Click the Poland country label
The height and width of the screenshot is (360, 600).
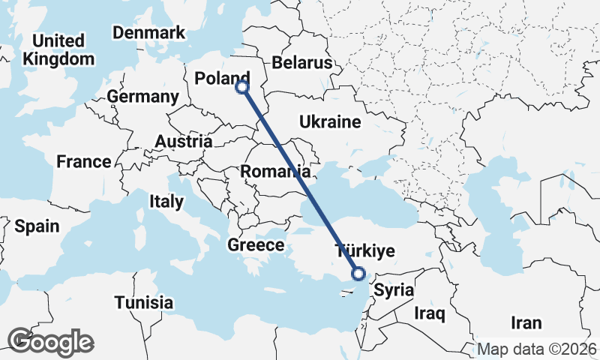pyautogui.click(x=221, y=79)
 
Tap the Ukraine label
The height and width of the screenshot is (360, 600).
pyautogui.click(x=330, y=122)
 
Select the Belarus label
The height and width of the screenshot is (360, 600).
pyautogui.click(x=301, y=62)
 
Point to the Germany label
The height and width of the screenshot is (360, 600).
pyautogui.click(x=142, y=97)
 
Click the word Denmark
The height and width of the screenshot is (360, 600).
pyautogui.click(x=148, y=33)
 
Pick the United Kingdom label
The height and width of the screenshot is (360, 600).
pyautogui.click(x=59, y=49)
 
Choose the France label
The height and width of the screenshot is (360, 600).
pyautogui.click(x=84, y=161)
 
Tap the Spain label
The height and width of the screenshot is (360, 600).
pyautogui.click(x=37, y=226)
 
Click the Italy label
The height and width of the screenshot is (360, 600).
pyautogui.click(x=166, y=201)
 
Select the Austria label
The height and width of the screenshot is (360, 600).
pyautogui.click(x=184, y=141)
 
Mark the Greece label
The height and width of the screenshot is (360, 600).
pyautogui.click(x=256, y=245)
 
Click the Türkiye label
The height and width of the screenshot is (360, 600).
pyautogui.click(x=364, y=250)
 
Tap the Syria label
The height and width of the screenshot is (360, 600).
pyautogui.click(x=394, y=289)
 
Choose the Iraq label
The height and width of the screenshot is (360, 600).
pyautogui.click(x=430, y=313)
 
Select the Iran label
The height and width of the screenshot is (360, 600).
pyautogui.click(x=526, y=323)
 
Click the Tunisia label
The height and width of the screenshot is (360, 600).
pyautogui.click(x=144, y=303)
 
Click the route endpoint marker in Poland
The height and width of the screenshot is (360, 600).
pyautogui.click(x=242, y=87)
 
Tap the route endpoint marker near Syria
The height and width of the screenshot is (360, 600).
pyautogui.click(x=358, y=274)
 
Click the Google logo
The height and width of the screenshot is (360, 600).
pyautogui.click(x=51, y=342)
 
